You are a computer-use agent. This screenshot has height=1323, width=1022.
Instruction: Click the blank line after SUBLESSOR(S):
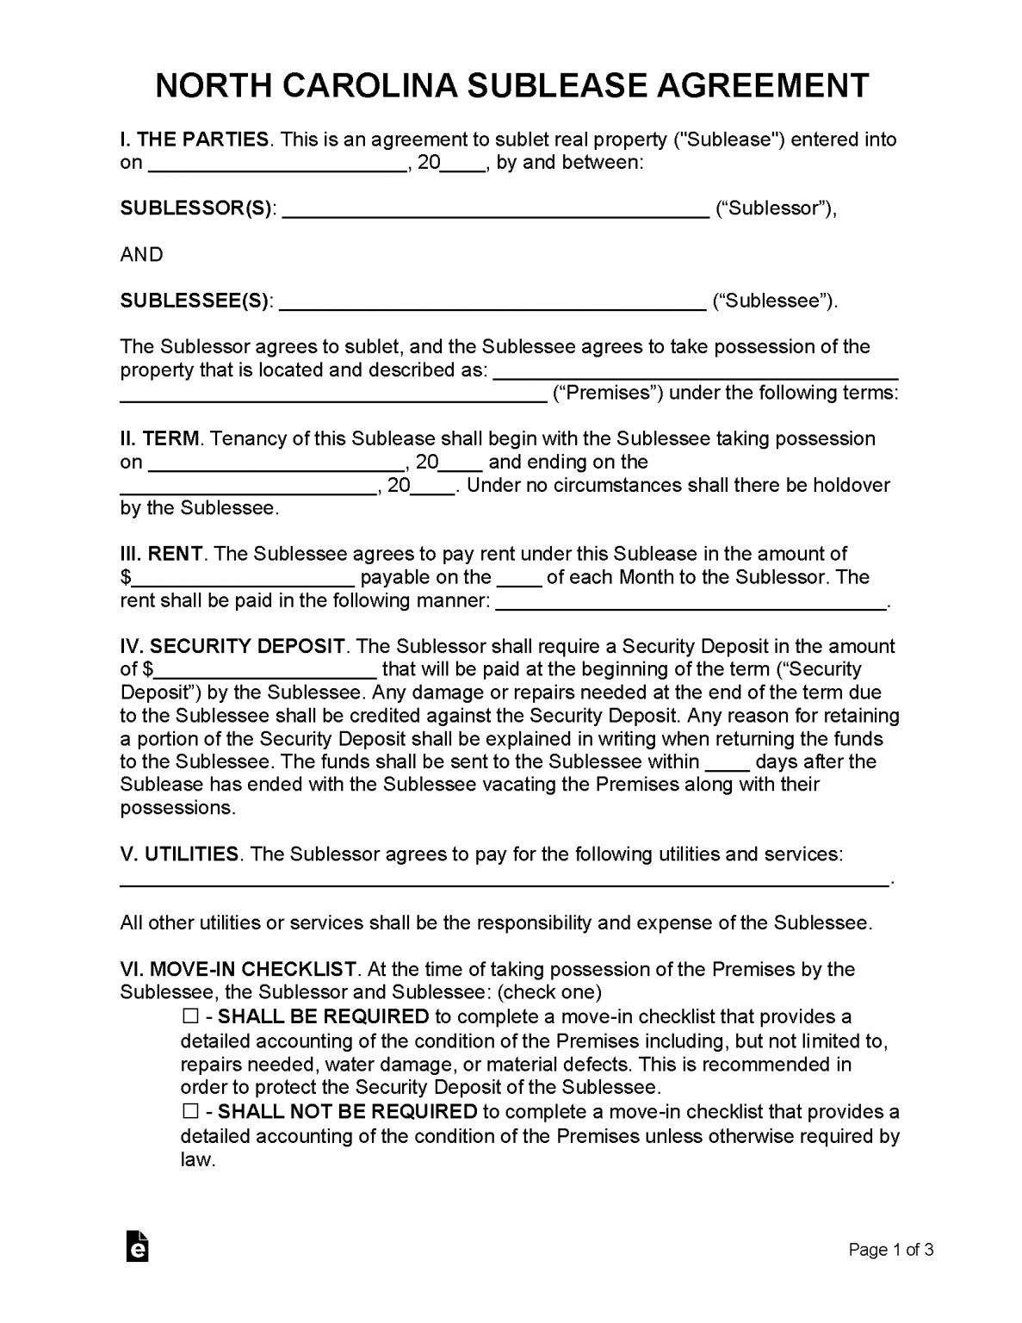pyautogui.click(x=496, y=210)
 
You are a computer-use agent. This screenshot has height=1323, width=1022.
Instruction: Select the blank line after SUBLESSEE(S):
pyautogui.click(x=493, y=302)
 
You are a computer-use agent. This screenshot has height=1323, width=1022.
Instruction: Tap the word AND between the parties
pyautogui.click(x=142, y=255)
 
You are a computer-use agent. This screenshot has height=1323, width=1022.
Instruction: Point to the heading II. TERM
pyautogui.click(x=160, y=438)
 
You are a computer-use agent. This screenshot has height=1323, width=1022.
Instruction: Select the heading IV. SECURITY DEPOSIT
pyautogui.click(x=232, y=646)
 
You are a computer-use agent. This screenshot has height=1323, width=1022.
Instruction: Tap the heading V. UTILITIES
pyautogui.click(x=179, y=854)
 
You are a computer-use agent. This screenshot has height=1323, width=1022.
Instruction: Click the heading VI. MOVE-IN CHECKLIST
pyautogui.click(x=238, y=970)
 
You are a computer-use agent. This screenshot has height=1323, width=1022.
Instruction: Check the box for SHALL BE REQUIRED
pyautogui.click(x=189, y=1017)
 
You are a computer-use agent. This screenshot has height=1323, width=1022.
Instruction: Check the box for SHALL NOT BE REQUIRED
pyautogui.click(x=189, y=1112)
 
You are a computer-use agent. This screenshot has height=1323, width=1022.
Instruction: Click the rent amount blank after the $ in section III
pyautogui.click(x=245, y=579)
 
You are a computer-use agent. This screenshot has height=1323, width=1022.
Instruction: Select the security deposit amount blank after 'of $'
pyautogui.click(x=266, y=671)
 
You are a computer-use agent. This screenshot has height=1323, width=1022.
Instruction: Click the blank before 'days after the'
pyautogui.click(x=727, y=763)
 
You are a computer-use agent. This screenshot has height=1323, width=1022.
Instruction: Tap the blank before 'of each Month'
pyautogui.click(x=519, y=579)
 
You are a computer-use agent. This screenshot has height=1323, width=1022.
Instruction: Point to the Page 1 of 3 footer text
pyautogui.click(x=891, y=1250)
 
